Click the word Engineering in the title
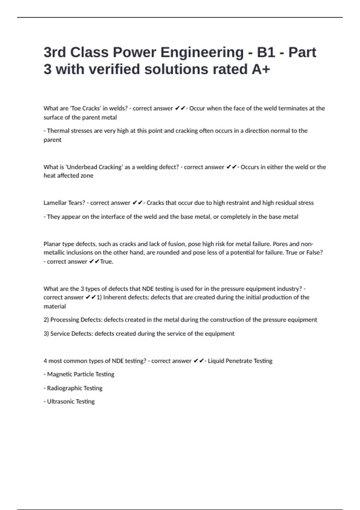[202, 52]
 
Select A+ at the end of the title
[261, 69]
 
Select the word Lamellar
[55, 203]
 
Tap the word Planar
[52, 244]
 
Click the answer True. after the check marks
[107, 262]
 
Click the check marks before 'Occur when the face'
[180, 108]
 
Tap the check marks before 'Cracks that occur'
[137, 203]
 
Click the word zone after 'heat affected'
[87, 175]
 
